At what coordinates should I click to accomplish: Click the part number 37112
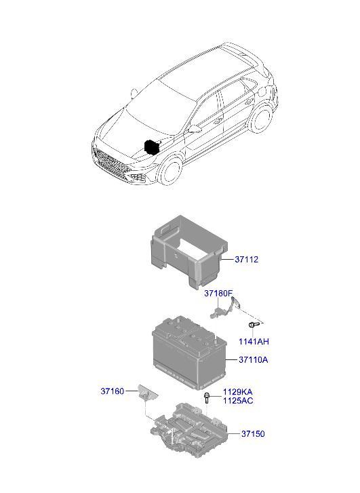pyautogui.click(x=247, y=260)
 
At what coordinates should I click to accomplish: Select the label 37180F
pyautogui.click(x=218, y=294)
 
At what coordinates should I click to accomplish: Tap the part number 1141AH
pyautogui.click(x=254, y=342)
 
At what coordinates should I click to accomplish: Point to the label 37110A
pyautogui.click(x=254, y=359)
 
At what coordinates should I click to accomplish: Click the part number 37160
pyautogui.click(x=113, y=391)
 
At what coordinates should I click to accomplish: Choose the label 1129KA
pyautogui.click(x=238, y=392)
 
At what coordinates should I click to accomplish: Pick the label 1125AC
pyautogui.click(x=238, y=401)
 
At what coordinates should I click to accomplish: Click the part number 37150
pyautogui.click(x=253, y=433)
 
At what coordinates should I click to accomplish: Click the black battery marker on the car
pyautogui.click(x=152, y=147)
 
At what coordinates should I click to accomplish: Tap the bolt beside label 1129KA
pyautogui.click(x=207, y=398)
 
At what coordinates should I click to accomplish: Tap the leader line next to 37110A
pyautogui.click(x=232, y=359)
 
